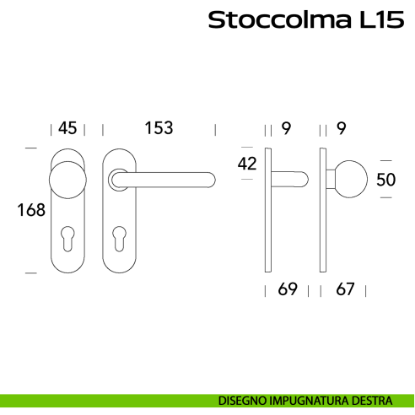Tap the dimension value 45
coord(67,128)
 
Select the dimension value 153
coord(159,128)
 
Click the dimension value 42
coord(247,164)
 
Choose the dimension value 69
coord(288,290)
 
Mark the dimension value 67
coord(343,290)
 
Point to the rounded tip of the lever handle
coord(208,178)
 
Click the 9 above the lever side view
coord(286,128)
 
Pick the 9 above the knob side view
coord(341,128)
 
